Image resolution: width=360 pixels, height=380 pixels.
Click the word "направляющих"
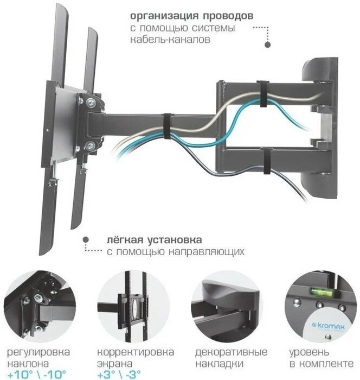[212, 252]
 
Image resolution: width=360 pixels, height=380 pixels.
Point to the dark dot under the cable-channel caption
[267, 46]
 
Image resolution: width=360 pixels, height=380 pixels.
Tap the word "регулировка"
[38, 351]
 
